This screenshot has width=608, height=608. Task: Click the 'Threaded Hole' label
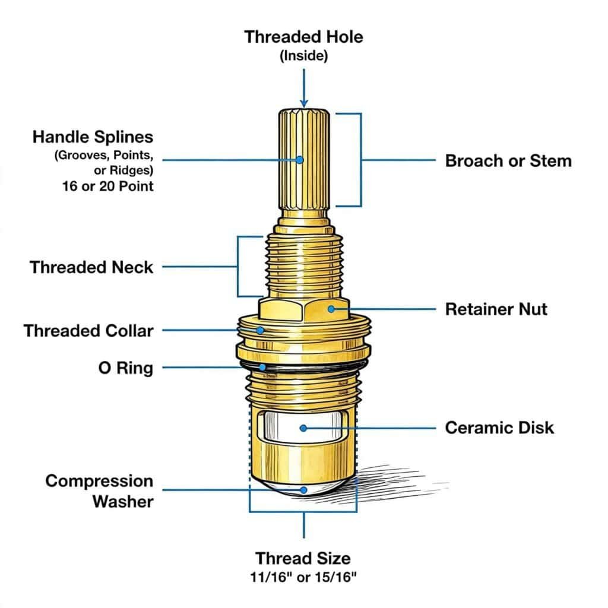click(303, 37)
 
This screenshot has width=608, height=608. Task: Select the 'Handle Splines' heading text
click(93, 137)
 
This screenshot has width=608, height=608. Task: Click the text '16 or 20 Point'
click(107, 185)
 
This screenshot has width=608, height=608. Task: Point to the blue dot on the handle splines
click(299, 160)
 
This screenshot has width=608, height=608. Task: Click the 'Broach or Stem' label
click(508, 160)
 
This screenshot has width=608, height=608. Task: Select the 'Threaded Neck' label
click(91, 267)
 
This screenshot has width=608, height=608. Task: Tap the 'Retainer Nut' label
click(496, 309)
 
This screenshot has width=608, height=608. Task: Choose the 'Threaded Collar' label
click(88, 330)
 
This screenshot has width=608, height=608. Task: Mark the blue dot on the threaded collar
click(260, 330)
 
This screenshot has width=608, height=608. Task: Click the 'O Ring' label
click(125, 368)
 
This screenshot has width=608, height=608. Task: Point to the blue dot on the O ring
click(262, 368)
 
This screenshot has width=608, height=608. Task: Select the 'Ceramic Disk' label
click(499, 427)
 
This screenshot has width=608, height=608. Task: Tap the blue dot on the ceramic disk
click(303, 427)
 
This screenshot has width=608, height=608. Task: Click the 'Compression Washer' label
click(99, 491)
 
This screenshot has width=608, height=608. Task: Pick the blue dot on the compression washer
click(304, 490)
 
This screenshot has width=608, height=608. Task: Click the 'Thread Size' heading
click(303, 558)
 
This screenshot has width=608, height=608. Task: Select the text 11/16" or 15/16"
click(303, 577)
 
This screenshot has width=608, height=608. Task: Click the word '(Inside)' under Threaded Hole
click(303, 56)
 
